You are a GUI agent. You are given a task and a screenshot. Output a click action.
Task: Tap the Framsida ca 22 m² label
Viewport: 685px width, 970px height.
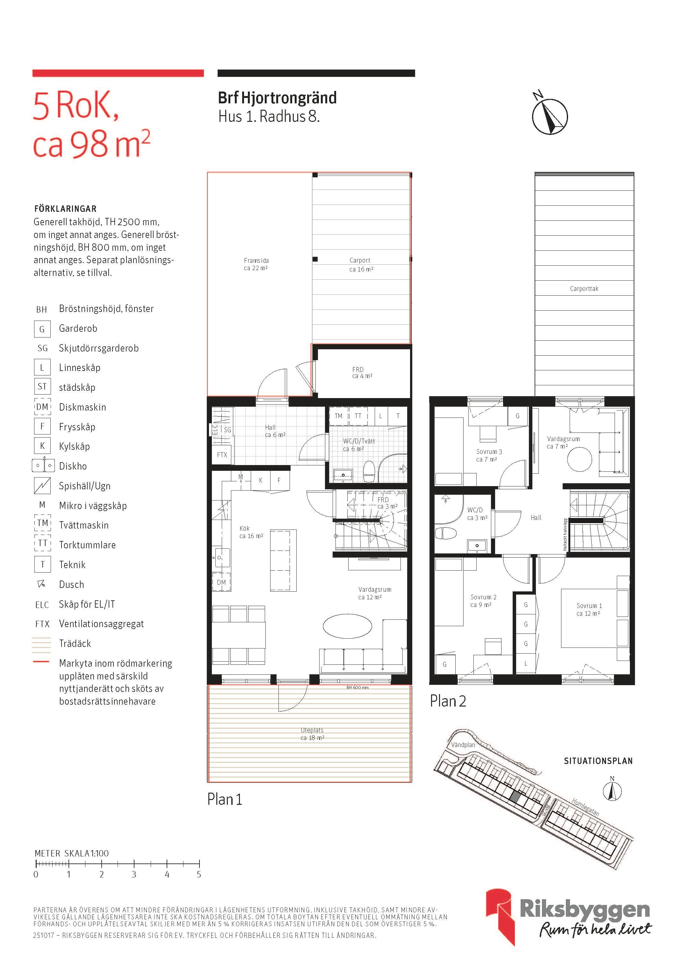[x=256, y=264]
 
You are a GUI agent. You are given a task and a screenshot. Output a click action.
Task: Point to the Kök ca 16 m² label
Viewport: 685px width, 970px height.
[x=251, y=532]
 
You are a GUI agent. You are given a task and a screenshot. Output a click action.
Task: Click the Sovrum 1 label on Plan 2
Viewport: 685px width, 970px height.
[x=589, y=610]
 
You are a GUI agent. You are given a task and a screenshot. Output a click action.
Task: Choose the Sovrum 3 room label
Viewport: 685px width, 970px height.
[x=489, y=455]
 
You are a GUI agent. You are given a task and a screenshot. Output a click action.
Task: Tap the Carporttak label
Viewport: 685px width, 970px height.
[x=584, y=289]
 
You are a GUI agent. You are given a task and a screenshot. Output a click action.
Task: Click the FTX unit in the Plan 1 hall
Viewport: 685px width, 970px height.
[x=221, y=455]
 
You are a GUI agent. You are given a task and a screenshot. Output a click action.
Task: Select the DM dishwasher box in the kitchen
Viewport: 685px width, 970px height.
[x=221, y=582]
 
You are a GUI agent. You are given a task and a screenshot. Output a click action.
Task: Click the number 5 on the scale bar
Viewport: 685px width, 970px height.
[x=199, y=875]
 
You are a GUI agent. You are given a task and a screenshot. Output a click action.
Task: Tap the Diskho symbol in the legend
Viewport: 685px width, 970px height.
[x=43, y=466]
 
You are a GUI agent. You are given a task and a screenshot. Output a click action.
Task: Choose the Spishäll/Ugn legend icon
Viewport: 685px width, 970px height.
[x=42, y=485]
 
